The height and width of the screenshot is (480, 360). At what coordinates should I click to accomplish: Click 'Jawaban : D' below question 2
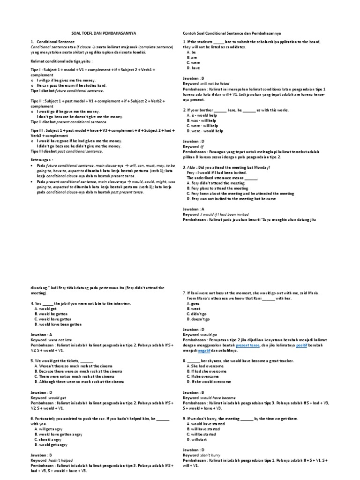[193, 141]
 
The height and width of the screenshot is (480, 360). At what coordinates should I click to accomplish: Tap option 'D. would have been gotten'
[58, 324]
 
